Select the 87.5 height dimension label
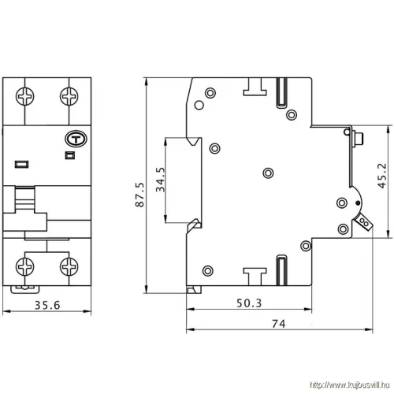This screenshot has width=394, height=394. (140, 194)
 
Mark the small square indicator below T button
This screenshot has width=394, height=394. (68, 156)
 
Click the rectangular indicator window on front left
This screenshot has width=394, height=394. (20, 164)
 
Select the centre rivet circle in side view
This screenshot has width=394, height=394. (268, 173)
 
